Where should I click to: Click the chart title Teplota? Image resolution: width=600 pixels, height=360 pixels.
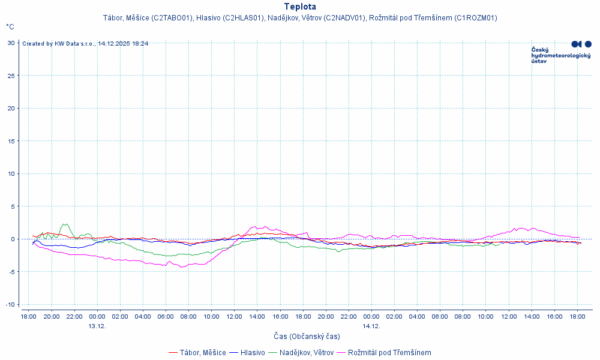pyautogui.click(x=299, y=7)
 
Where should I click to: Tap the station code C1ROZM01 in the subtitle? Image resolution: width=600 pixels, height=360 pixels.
pyautogui.click(x=475, y=18)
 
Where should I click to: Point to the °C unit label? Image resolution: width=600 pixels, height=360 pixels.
pyautogui.click(x=10, y=27)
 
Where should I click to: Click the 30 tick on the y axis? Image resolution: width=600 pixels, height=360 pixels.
pyautogui.click(x=11, y=43)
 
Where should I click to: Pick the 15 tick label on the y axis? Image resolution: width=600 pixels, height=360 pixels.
pyautogui.click(x=11, y=141)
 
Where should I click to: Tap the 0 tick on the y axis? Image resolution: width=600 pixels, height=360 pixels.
pyautogui.click(x=13, y=239)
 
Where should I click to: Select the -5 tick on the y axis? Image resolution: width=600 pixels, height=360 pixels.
pyautogui.click(x=11, y=272)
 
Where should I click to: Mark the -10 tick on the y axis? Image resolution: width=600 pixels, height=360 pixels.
pyautogui.click(x=10, y=304)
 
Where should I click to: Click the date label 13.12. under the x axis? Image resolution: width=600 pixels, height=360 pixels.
pyautogui.click(x=97, y=326)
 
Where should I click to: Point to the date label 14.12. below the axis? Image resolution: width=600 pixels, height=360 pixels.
pyautogui.click(x=371, y=326)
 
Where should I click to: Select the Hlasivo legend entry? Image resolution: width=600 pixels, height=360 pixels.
pyautogui.click(x=253, y=353)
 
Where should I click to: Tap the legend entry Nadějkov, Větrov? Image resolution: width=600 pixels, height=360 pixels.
pyautogui.click(x=306, y=353)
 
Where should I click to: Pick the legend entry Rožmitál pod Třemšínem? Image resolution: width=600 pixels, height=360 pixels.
pyautogui.click(x=389, y=353)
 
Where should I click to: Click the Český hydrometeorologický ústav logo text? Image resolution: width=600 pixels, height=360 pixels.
pyautogui.click(x=561, y=55)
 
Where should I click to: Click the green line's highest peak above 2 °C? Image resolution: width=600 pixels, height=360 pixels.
pyautogui.click(x=64, y=224)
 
